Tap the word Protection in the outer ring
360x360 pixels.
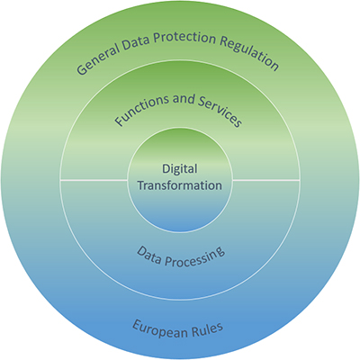point(184,38)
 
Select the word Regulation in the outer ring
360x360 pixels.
point(249,53)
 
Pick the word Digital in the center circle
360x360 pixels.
point(180,169)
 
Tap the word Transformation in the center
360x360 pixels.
point(180,185)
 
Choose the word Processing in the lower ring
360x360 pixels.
point(195,257)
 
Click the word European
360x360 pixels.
point(159,329)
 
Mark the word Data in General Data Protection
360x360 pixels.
point(135,42)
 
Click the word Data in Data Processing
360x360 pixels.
point(149,256)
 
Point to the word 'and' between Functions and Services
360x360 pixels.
point(184,99)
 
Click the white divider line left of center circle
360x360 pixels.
point(94,180)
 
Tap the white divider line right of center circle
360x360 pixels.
point(266,180)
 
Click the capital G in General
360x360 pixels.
point(82,69)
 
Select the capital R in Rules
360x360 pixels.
point(194,330)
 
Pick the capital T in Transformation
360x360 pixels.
point(141,184)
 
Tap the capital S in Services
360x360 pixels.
point(202,102)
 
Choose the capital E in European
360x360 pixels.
point(137,325)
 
